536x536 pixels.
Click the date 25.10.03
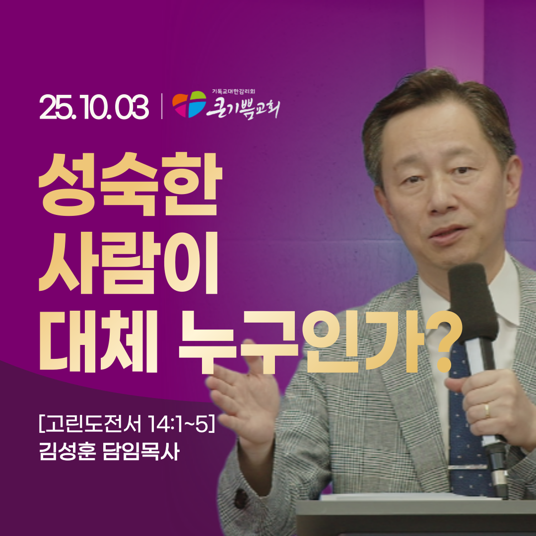tap(94, 107)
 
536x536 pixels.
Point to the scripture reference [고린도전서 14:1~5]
tap(127, 425)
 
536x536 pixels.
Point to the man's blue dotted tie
tap(464, 432)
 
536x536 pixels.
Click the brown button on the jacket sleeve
tap(241, 499)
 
